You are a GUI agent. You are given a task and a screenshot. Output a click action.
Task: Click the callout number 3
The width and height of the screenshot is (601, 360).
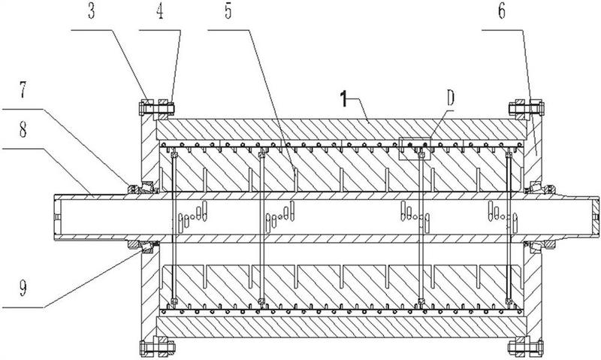point(91,11)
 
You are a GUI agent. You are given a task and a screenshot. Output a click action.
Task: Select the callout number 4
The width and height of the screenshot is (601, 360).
point(160,11)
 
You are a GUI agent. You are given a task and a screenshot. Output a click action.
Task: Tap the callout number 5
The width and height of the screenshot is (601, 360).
point(228,11)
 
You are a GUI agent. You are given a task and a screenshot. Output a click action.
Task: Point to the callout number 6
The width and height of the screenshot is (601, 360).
point(502,11)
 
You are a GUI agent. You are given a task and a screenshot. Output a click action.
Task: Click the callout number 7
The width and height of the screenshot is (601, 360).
point(23,89)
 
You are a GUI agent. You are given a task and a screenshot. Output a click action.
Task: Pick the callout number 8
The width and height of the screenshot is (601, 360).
point(23,129)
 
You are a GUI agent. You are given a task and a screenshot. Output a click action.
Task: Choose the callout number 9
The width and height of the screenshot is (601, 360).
point(23,288)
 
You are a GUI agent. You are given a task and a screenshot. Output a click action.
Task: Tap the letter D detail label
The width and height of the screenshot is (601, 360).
point(450,98)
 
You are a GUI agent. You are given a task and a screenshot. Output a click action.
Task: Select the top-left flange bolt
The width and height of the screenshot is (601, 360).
point(156,108)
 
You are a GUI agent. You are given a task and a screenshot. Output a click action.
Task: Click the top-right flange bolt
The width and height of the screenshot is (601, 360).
point(526,108)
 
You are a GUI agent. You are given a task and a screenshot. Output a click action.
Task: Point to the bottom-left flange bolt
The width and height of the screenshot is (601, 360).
point(157,347)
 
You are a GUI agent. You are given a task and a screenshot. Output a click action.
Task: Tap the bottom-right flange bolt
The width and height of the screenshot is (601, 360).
point(526,347)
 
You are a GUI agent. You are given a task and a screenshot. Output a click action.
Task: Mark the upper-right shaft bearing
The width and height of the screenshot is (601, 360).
point(540,188)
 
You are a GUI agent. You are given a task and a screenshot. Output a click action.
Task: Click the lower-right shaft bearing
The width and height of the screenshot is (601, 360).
point(540,247)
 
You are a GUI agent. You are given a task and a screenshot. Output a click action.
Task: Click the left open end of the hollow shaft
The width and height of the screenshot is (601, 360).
point(56,217)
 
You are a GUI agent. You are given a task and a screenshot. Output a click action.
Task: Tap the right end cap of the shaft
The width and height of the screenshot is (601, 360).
point(595,217)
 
